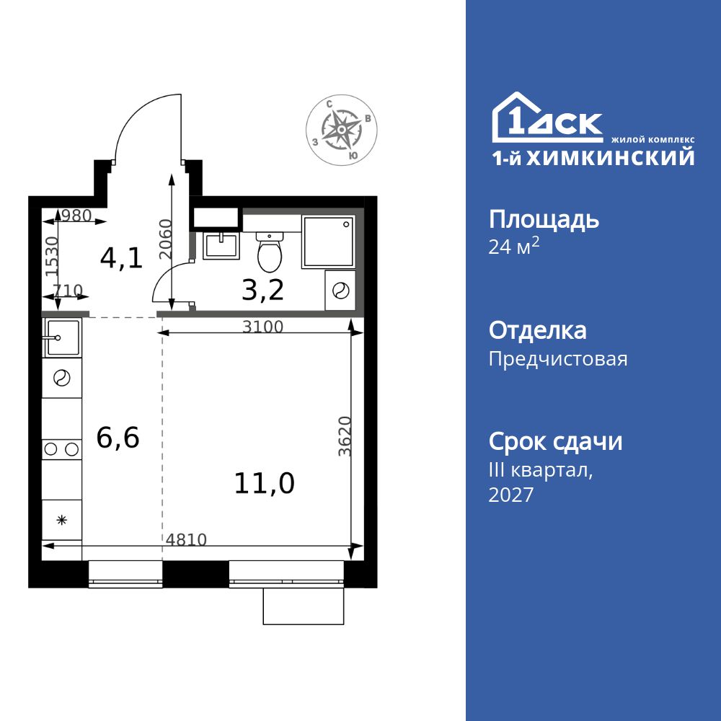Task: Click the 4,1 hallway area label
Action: tap(121, 257)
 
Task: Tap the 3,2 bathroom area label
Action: tap(262, 290)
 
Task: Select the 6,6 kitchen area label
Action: tap(118, 437)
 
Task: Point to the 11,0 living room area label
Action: tap(264, 483)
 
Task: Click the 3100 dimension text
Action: tap(262, 327)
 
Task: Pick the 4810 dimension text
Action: tap(186, 539)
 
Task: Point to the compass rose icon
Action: tap(340, 130)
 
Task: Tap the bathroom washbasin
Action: tap(221, 245)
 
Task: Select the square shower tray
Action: tap(328, 241)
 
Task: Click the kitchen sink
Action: tap(62, 337)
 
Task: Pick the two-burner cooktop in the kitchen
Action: tap(61, 449)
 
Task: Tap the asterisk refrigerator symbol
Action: tap(61, 519)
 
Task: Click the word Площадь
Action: tap(544, 219)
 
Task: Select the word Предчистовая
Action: tap(558, 359)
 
